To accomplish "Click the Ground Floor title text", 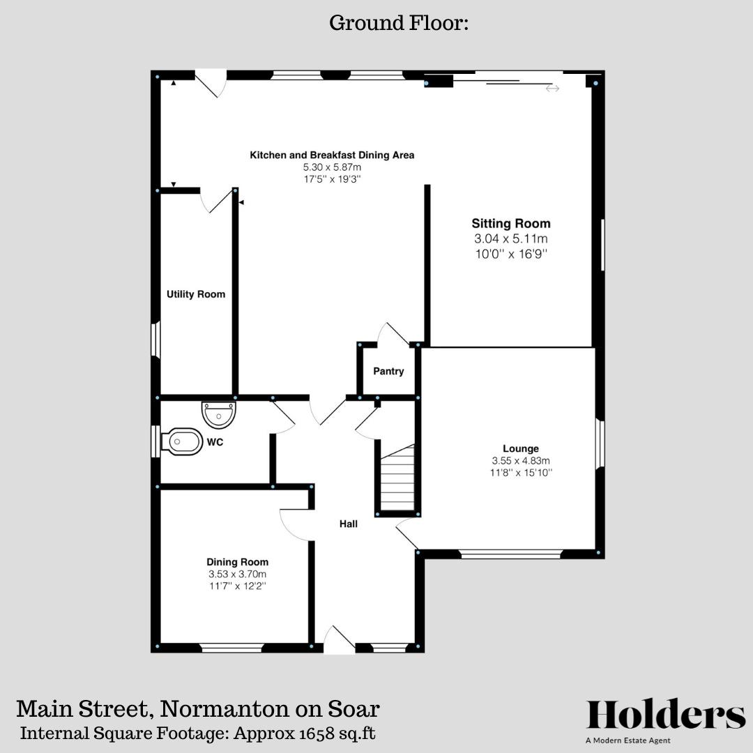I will pos(399,24).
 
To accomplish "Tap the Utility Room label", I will pos(196,294).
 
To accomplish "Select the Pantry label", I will pos(388,372).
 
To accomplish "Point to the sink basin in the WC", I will pos(220,414).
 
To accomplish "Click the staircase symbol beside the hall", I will pos(398,480).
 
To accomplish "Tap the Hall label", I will pos(349,524).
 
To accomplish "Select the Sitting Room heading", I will pos(511,224).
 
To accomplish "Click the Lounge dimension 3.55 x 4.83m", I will pos(521,461).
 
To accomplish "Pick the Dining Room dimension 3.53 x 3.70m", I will pos(237,574).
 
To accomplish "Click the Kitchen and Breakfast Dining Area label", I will pos(332,155).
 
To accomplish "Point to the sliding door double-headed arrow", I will pos(552,89).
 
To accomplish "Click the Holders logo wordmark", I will pos(666,715).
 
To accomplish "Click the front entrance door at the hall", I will pos(339,640).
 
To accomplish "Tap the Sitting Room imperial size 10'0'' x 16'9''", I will pos(511,254).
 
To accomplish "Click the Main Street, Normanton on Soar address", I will pos(198,709).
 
